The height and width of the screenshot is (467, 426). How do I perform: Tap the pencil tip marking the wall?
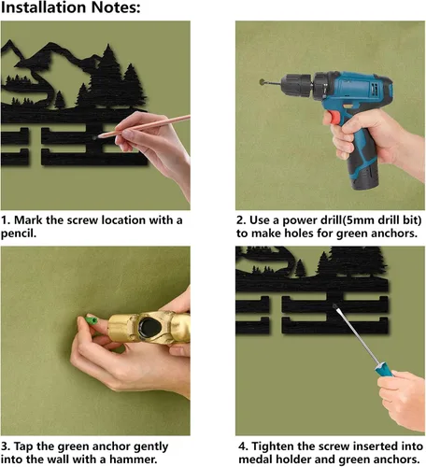[x=99, y=136]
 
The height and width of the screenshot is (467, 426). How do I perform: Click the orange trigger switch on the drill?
[x=334, y=118]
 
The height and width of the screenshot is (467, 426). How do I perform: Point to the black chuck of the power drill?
[x=296, y=84]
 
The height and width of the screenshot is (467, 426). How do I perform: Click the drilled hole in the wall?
[x=262, y=82]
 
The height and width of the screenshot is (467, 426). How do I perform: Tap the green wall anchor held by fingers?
[x=92, y=320]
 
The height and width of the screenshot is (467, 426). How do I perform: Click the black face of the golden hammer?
[x=150, y=329]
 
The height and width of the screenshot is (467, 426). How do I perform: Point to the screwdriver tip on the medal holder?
[x=334, y=305]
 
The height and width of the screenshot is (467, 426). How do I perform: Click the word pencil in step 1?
[x=18, y=233]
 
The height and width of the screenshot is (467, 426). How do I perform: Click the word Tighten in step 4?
[x=273, y=446]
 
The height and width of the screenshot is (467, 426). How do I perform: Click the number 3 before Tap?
[x=5, y=446]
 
